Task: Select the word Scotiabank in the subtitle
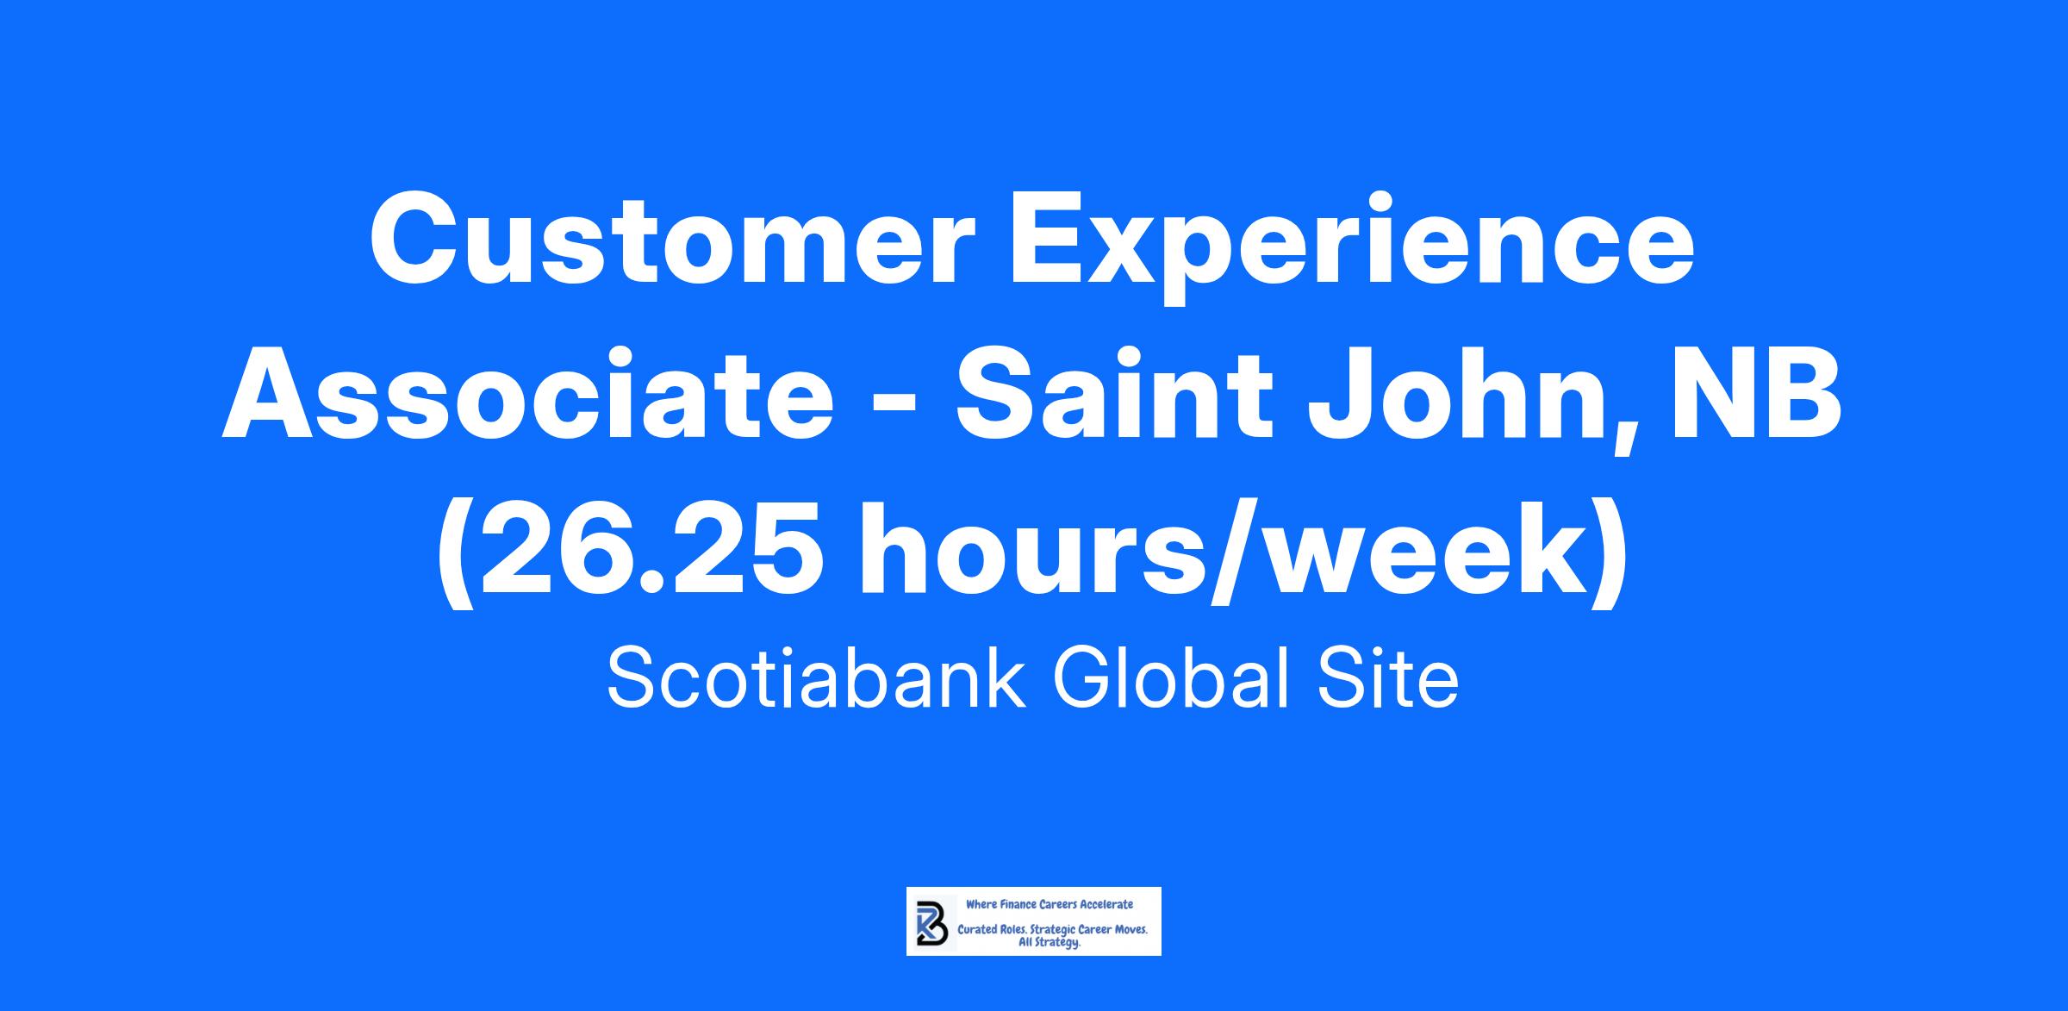(x=816, y=678)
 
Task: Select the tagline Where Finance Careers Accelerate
(x=1050, y=904)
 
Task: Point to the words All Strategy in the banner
(x=1050, y=943)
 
